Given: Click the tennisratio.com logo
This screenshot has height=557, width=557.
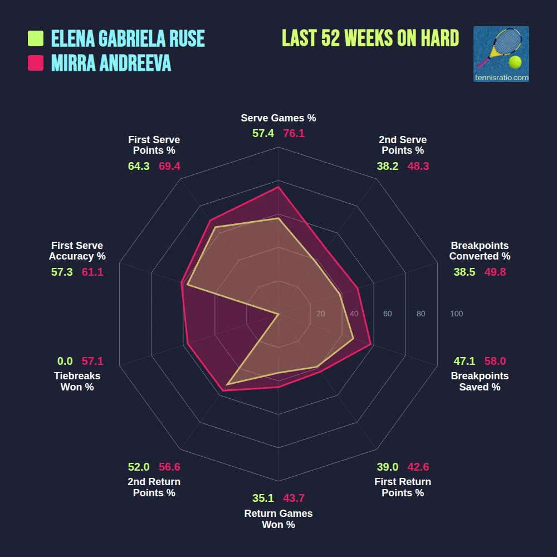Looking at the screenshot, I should tap(501, 54).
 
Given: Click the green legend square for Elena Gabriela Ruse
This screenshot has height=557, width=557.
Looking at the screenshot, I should tap(36, 38).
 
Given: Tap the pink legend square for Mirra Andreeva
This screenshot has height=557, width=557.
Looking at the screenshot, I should tap(36, 63).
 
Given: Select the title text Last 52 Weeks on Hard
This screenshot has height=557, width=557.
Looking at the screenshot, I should tap(370, 38).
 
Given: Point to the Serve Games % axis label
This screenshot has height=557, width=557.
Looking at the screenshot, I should tap(278, 118).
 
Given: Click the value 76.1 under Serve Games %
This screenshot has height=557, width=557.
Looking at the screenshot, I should tap(294, 134).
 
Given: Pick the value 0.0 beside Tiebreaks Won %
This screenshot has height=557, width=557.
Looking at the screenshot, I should tap(65, 361).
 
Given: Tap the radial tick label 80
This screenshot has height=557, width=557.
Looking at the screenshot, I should tap(421, 314).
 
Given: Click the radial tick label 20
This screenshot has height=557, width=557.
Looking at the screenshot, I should tap(320, 314).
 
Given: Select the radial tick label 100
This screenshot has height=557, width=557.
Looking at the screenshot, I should tap(456, 314).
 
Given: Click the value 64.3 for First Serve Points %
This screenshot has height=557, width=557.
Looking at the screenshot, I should tap(139, 166).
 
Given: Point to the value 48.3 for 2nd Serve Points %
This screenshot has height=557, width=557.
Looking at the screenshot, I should tap(418, 166).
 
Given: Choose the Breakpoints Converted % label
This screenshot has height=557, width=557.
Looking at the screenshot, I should tap(480, 251).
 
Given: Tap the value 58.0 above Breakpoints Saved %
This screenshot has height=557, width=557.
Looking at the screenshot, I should tap(495, 361).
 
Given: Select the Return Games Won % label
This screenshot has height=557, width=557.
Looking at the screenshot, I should tap(278, 519).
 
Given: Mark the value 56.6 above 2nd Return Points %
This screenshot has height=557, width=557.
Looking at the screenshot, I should tap(169, 467).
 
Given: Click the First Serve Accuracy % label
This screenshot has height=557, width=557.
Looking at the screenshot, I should tap(77, 251).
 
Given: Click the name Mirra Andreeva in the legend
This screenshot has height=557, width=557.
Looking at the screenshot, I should tap(111, 63).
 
